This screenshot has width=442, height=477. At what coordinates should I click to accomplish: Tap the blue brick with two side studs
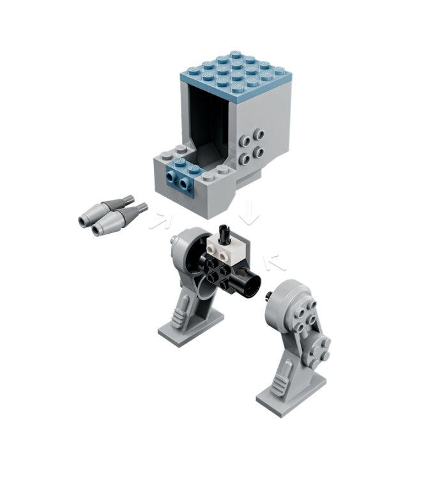pos(184,178)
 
